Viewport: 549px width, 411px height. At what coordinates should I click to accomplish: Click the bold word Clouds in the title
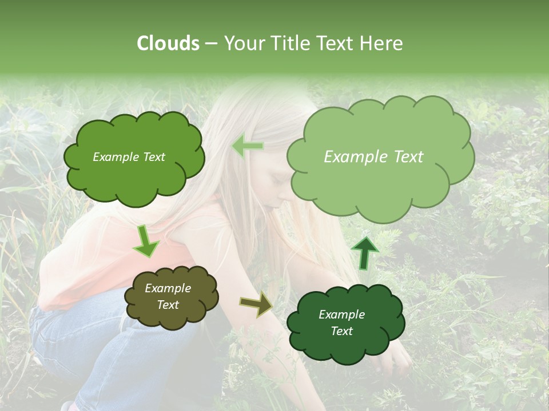click(168, 43)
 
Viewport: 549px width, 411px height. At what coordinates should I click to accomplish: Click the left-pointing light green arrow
click(247, 146)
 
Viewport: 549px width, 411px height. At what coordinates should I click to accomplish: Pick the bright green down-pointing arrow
click(146, 241)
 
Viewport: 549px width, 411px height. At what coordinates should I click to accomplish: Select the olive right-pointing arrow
click(256, 305)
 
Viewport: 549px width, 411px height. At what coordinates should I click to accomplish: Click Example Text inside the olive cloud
click(168, 297)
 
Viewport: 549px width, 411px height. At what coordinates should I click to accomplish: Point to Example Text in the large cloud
click(373, 157)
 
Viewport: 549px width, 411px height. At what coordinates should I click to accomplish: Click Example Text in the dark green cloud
click(341, 323)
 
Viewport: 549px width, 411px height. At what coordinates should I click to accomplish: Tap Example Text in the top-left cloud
click(129, 157)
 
